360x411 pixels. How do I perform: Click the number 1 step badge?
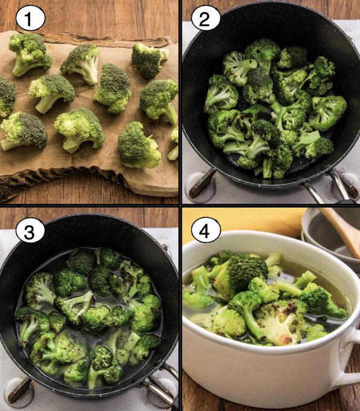coord(30,18)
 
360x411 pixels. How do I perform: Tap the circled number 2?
coord(205,18)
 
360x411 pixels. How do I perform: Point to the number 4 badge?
coord(206,231)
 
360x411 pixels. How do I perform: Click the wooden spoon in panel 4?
coord(341,230)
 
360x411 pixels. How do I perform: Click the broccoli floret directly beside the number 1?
coord(30,54)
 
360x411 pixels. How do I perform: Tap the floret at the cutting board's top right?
coord(149,60)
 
